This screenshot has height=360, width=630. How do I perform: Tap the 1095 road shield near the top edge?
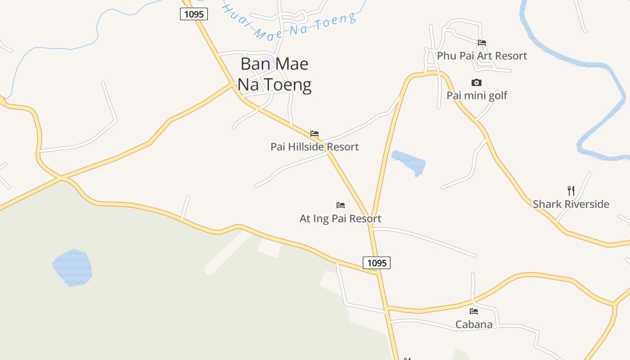click(194, 14)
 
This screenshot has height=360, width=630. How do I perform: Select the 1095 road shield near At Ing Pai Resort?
click(377, 263)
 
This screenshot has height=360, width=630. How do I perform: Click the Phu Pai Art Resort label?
click(482, 56)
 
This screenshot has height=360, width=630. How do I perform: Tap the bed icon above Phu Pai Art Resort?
click(482, 43)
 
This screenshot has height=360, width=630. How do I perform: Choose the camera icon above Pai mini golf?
click(477, 82)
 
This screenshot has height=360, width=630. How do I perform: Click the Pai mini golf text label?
click(477, 95)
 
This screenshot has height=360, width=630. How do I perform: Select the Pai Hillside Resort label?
click(315, 147)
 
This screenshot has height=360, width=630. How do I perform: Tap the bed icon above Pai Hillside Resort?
click(315, 134)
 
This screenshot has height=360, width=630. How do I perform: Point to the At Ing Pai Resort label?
click(340, 219)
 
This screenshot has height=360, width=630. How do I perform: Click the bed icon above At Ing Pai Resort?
click(341, 205)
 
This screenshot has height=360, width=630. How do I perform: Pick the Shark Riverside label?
click(571, 204)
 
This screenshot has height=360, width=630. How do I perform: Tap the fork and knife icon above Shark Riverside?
click(571, 190)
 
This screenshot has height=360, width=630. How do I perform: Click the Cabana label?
click(473, 324)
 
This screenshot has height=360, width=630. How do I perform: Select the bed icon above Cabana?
click(473, 311)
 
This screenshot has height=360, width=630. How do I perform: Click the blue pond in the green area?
click(72, 268)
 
